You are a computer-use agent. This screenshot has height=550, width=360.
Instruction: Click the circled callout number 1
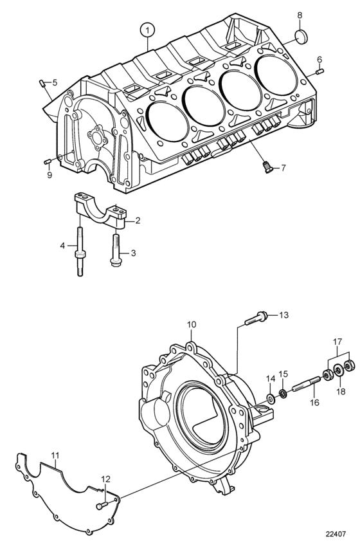148,30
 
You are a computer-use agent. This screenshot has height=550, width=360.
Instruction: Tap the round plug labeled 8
301,37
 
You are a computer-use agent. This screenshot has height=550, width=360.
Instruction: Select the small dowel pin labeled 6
319,71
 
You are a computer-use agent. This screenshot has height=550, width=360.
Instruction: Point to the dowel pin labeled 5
40,83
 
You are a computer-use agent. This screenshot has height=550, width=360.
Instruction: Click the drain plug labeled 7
268,167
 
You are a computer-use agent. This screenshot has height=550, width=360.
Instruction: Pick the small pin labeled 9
48,161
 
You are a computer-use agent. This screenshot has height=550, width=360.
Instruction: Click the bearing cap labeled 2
100,210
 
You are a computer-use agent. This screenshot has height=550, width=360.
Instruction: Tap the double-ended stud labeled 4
80,252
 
